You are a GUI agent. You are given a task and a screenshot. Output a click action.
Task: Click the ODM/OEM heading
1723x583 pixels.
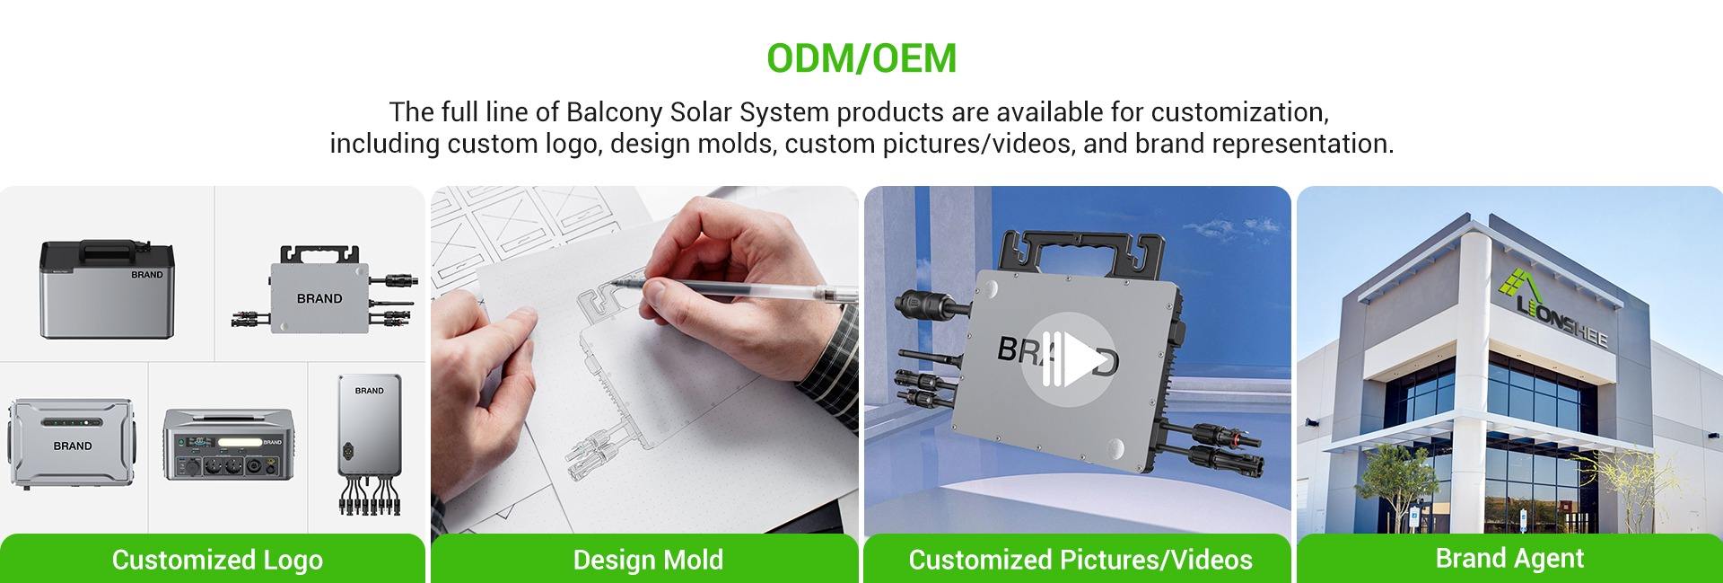pyautogui.click(x=861, y=58)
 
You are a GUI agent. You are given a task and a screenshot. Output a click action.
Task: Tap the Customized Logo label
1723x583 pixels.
pyautogui.click(x=217, y=560)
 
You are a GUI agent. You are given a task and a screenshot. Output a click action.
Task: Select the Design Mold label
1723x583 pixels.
pyautogui.click(x=648, y=560)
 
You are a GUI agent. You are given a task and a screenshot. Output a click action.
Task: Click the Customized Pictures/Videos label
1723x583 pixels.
pyautogui.click(x=1080, y=560)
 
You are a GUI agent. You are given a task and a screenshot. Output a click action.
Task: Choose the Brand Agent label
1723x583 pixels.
pyautogui.click(x=1509, y=558)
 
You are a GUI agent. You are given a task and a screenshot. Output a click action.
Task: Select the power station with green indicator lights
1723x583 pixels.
pyautogui.click(x=71, y=444)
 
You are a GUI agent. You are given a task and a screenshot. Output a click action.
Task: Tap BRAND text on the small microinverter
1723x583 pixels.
pyautogui.click(x=319, y=298)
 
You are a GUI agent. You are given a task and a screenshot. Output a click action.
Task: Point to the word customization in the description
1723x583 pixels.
pyautogui.click(x=1239, y=112)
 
